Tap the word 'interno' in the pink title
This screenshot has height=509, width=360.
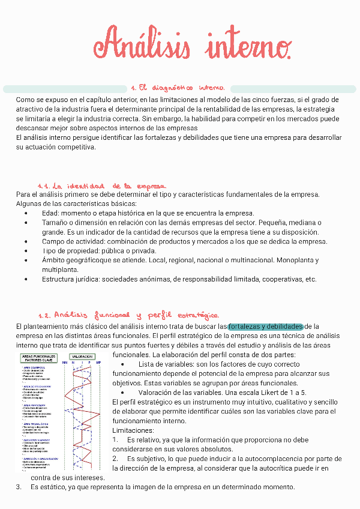coord(248,45)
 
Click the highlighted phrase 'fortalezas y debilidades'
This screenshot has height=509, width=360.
coord(265,326)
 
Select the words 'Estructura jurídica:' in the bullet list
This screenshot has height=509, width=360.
coord(70,279)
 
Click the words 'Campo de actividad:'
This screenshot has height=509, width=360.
coord(70,241)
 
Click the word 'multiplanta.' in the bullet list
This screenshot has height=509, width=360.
coord(60,270)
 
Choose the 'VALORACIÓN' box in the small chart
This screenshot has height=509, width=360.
coord(82,356)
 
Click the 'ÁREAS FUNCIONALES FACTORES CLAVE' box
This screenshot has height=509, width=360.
coord(39,358)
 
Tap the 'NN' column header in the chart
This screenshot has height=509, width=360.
coord(64,363)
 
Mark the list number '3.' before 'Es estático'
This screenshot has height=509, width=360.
coord(19,486)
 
